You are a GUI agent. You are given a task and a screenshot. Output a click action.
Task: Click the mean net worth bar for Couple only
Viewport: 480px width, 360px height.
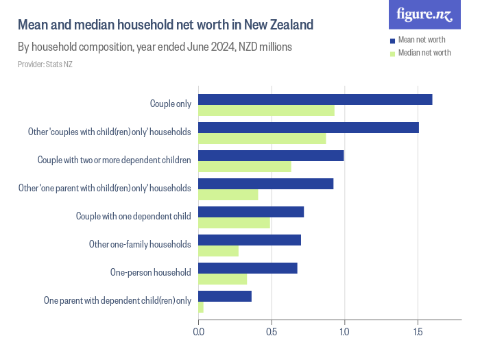(x=315, y=99)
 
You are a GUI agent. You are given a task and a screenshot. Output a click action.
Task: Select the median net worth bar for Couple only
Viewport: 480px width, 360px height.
(x=266, y=110)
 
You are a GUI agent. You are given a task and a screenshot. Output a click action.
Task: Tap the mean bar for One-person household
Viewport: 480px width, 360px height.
(x=248, y=268)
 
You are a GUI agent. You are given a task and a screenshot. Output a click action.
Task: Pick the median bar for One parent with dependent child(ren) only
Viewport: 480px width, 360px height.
(x=201, y=307)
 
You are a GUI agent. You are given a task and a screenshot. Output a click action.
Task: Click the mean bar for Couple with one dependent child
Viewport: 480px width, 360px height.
(x=251, y=212)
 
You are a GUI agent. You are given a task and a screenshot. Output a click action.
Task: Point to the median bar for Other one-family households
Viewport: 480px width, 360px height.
(x=218, y=251)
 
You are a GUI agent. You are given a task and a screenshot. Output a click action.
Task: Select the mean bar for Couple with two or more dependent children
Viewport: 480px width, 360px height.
(x=271, y=156)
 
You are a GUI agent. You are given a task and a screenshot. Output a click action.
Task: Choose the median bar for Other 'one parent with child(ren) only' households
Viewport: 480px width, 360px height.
(x=228, y=195)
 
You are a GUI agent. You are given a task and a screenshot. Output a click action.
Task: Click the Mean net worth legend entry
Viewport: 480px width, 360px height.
(x=422, y=40)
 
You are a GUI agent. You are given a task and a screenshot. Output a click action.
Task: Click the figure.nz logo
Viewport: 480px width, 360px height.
(x=424, y=15)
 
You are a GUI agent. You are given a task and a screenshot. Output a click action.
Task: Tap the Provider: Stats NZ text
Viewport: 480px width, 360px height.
(x=45, y=64)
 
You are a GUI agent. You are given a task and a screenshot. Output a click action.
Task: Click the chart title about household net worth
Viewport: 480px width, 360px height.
(x=165, y=25)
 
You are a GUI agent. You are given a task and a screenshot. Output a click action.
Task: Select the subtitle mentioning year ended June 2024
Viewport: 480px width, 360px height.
(x=155, y=47)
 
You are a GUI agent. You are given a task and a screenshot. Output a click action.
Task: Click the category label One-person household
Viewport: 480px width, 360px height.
(x=150, y=272)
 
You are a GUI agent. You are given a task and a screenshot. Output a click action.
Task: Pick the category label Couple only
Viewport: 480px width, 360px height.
(x=170, y=104)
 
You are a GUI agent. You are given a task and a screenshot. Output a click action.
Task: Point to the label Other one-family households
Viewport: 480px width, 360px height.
(x=140, y=244)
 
